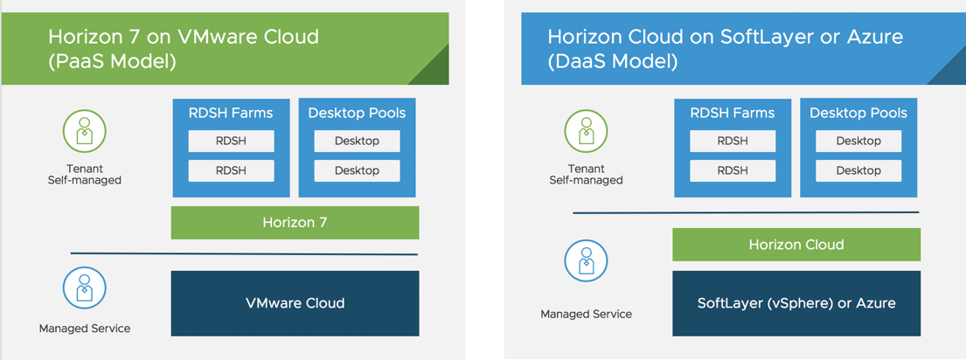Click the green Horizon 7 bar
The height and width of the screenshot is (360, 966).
pyautogui.click(x=295, y=223)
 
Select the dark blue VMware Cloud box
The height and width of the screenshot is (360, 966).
pyautogui.click(x=295, y=303)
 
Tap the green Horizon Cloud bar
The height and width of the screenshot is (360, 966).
pyautogui.click(x=796, y=245)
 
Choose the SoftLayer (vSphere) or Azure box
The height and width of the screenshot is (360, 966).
pyautogui.click(x=796, y=303)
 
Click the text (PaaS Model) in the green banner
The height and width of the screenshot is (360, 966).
pyautogui.click(x=112, y=61)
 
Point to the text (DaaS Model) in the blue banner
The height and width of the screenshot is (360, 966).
pyautogui.click(x=612, y=61)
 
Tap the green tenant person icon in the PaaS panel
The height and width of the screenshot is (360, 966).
pyautogui.click(x=84, y=133)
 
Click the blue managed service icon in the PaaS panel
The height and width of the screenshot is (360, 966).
pyautogui.click(x=84, y=287)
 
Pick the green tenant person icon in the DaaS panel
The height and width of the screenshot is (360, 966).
pyautogui.click(x=586, y=133)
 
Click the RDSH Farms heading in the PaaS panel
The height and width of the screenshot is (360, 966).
pyautogui.click(x=231, y=113)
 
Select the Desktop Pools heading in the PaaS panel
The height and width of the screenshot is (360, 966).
pyautogui.click(x=357, y=113)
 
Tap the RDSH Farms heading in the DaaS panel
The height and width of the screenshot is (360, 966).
pyautogui.click(x=732, y=113)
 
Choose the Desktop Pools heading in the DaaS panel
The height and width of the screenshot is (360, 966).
pyautogui.click(x=858, y=113)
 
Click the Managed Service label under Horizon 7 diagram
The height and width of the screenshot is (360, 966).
pyautogui.click(x=85, y=329)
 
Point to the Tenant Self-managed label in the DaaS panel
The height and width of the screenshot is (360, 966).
pyautogui.click(x=586, y=175)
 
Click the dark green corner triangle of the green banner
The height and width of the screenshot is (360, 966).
pyautogui.click(x=435, y=72)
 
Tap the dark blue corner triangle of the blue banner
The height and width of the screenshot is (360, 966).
pyautogui.click(x=953, y=72)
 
